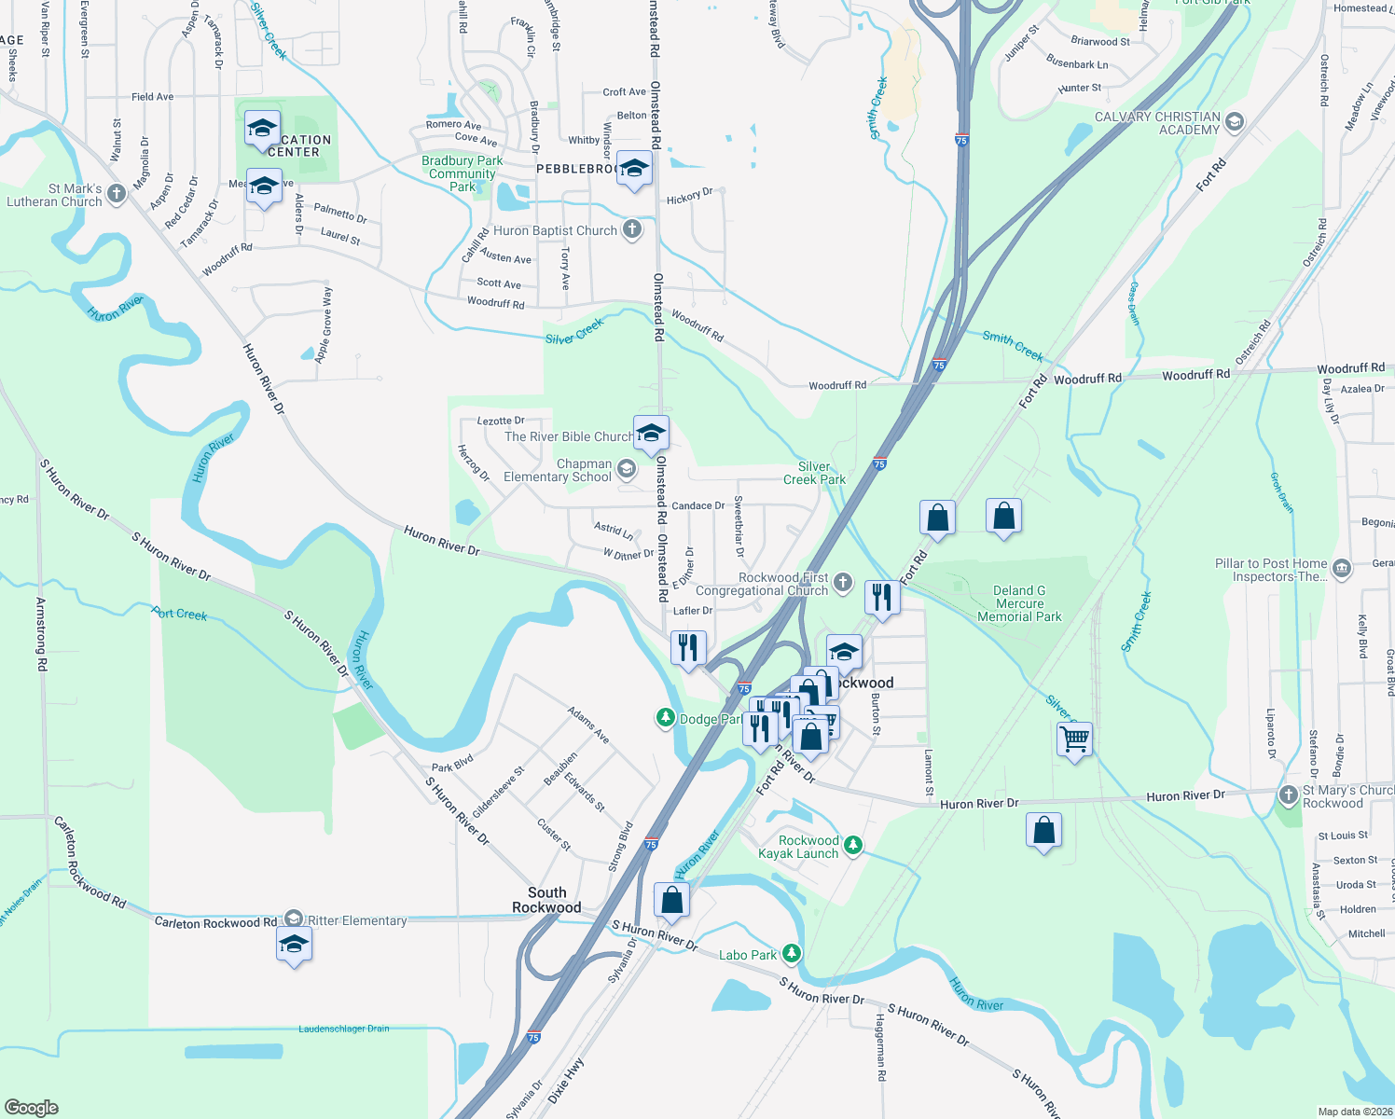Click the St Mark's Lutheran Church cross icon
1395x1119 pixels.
tap(117, 194)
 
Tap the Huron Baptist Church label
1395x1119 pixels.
tap(555, 231)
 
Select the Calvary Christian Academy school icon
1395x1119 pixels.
tap(1235, 122)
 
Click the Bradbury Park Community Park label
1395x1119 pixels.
tap(462, 173)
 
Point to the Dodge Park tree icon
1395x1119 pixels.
tap(665, 718)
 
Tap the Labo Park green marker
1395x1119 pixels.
tap(792, 953)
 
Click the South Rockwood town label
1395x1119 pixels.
tap(546, 900)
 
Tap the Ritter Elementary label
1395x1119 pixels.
tap(357, 920)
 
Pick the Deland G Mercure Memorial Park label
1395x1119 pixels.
tap(1019, 603)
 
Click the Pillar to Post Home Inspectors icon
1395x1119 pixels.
tap(1341, 568)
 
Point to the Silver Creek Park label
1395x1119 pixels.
tap(814, 473)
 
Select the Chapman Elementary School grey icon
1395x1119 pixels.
tap(627, 469)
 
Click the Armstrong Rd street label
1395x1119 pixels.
tap(41, 634)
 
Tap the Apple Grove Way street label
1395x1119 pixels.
tap(324, 325)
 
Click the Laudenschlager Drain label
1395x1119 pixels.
tap(344, 1029)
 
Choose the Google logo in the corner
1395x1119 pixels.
tap(31, 1107)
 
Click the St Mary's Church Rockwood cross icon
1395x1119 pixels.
tap(1288, 795)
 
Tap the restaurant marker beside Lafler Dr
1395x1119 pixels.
tap(687, 647)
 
